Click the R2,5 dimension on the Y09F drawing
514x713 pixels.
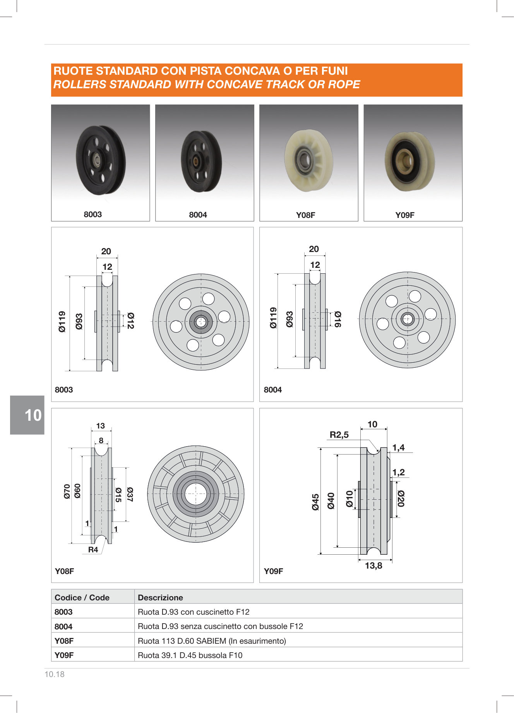point(339,435)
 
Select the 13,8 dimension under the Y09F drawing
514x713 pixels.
point(374,566)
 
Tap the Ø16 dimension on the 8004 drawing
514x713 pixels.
point(338,319)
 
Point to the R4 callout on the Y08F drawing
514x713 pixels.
point(93,550)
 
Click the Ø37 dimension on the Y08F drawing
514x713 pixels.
point(130,495)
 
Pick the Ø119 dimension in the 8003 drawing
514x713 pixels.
point(62,322)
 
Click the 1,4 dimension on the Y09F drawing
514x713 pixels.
point(398,447)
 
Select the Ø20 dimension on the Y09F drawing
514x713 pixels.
point(401,499)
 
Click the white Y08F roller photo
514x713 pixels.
point(308,160)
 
